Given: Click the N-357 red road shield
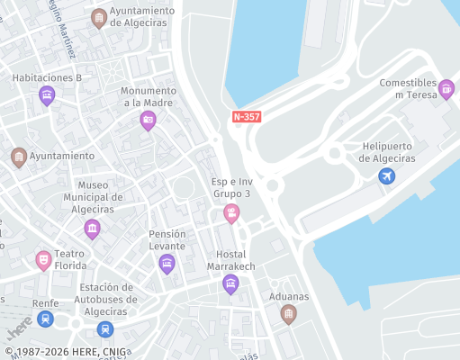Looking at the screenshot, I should [x=248, y=117].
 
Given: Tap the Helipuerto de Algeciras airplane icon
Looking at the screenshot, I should [x=386, y=175].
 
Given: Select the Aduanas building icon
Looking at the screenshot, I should [x=288, y=312].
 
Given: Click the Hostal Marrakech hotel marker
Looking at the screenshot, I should [x=230, y=284].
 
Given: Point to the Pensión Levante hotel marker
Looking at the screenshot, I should [x=167, y=263].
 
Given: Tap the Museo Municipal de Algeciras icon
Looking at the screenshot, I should [x=92, y=229].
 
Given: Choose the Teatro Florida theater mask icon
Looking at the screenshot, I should [x=42, y=260].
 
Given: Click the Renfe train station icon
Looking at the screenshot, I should [x=45, y=319].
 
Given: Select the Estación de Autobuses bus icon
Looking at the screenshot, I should [x=105, y=329].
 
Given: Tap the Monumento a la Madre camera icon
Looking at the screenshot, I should [x=148, y=120].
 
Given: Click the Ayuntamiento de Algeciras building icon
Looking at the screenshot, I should [x=98, y=17].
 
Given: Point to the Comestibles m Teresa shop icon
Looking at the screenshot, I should [x=446, y=89].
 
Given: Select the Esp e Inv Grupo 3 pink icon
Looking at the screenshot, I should [x=231, y=213].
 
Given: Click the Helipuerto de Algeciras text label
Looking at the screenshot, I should [x=387, y=152].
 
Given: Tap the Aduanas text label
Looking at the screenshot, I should [x=288, y=296].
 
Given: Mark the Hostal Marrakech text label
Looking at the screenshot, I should [x=230, y=260].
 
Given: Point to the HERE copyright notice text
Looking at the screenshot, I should [x=65, y=352].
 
